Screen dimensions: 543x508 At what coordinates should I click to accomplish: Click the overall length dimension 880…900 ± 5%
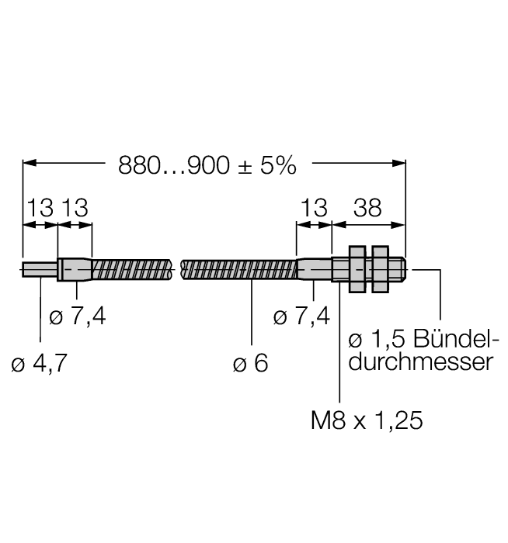coord(207,165)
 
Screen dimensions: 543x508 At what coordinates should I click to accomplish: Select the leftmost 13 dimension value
coord(40,207)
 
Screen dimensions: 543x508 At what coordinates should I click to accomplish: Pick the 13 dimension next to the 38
coord(314,207)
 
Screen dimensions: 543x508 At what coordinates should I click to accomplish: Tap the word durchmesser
coord(419,361)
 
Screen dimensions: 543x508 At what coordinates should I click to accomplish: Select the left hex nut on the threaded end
coord(357,270)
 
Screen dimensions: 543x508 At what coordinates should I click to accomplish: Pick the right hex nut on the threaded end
coord(380,270)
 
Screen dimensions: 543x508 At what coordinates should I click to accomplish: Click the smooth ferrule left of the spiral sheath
coord(75,270)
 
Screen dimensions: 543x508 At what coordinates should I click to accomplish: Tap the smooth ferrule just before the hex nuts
coord(314,270)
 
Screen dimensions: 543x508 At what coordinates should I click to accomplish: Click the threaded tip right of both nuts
coord(398,270)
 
